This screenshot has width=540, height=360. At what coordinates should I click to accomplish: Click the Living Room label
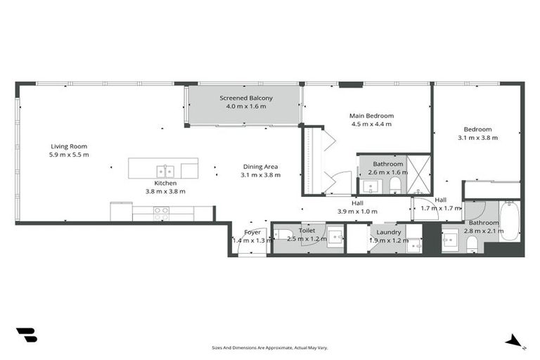coord(69,146)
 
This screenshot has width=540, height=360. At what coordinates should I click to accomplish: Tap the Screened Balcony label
coord(246,98)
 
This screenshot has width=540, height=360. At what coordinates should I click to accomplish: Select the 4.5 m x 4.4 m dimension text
coord(371,124)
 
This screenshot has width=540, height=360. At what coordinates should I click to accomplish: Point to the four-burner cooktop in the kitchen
coord(161,210)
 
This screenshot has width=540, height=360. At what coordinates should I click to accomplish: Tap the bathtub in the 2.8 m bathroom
coord(509,221)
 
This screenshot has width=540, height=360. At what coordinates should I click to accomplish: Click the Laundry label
coord(388,231)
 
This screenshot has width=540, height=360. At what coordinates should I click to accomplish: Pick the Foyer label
coord(252,232)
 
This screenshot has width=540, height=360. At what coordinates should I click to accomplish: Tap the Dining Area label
coord(260,167)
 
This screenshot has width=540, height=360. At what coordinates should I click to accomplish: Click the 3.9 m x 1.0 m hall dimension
coord(357,211)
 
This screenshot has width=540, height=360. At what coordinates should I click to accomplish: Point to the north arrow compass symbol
coord(514,340)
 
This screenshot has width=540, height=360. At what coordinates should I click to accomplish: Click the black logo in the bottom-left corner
coord(26,335)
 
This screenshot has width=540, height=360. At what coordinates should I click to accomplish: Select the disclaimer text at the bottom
coord(270,347)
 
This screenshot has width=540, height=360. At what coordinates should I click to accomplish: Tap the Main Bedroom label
coord(371,115)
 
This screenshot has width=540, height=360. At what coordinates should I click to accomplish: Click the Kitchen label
coord(165,183)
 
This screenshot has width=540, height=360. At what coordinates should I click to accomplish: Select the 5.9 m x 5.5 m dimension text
coord(69,155)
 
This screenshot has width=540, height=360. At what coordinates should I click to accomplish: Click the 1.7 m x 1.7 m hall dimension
coord(440,208)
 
